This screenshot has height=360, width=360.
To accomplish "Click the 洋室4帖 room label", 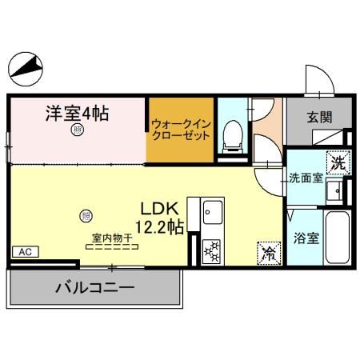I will tap(76, 113).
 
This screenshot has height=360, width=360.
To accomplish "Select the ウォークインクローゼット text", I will tap(180, 130).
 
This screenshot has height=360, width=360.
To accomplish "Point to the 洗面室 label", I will tap(306, 178).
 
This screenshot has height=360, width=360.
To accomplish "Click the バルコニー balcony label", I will tap(94, 287).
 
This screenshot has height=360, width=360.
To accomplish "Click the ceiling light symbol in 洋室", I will tap(77, 130).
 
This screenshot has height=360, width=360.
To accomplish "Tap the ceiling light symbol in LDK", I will tap(86, 214).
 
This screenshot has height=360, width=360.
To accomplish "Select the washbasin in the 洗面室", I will tap(341, 190).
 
